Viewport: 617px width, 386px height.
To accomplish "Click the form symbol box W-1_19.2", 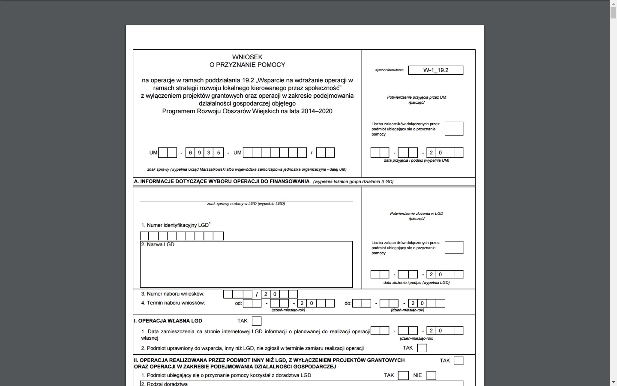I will click(436, 70).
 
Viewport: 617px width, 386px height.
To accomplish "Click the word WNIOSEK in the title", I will click(247, 57).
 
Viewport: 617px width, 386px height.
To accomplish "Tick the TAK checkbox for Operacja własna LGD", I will click(257, 321).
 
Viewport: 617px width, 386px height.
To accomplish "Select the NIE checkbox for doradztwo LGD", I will click(431, 376).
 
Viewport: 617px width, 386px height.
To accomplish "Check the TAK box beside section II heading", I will click(458, 361).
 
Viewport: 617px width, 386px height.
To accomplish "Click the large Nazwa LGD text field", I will click(246, 266).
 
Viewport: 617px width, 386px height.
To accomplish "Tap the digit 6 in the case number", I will click(190, 153).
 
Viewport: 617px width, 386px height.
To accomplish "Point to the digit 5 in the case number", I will click(219, 153).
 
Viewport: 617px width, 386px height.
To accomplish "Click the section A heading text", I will click(222, 181).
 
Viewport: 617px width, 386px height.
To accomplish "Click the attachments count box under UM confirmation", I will click(454, 129).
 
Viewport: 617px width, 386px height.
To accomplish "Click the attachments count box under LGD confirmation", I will click(454, 247).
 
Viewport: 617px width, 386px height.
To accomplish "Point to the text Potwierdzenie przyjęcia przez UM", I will click(416, 97).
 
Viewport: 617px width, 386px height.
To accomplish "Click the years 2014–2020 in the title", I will click(317, 111).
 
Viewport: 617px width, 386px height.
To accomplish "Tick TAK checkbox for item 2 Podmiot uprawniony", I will click(422, 348).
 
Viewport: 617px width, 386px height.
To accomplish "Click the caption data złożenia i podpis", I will click(416, 283).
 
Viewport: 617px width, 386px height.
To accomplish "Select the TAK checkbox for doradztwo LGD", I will click(403, 376).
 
